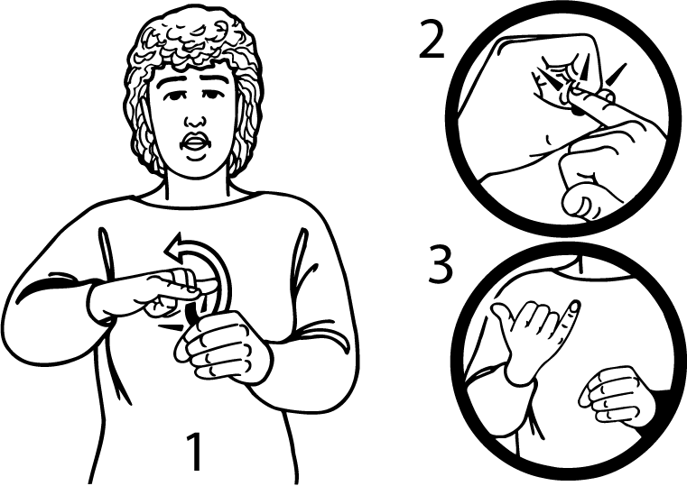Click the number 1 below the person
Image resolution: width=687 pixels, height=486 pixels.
(x=194, y=452)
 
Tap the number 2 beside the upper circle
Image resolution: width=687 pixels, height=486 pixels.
(x=432, y=39)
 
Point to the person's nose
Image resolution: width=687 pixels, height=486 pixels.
(x=195, y=118)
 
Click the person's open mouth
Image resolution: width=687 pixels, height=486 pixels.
(x=194, y=142)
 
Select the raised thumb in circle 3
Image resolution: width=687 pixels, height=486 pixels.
(x=503, y=318)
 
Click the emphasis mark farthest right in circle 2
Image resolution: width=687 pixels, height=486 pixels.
(x=616, y=74)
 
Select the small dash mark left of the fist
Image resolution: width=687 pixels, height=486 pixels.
(x=170, y=327)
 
